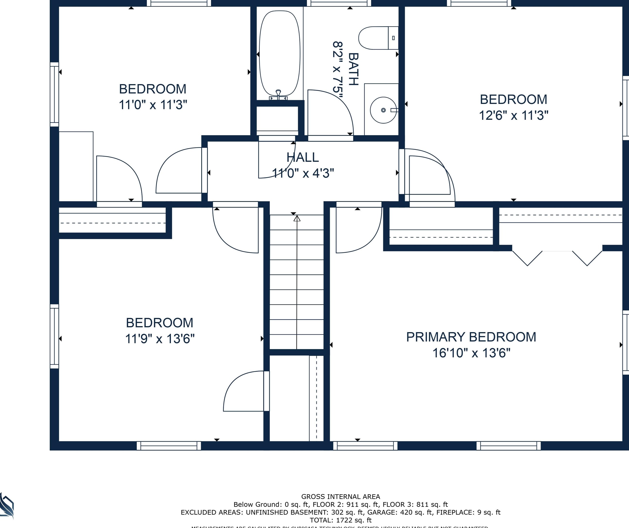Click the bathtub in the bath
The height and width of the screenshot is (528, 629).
tap(279, 54)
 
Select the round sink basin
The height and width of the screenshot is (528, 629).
tap(383, 110)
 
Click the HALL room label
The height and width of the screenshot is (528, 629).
tap(302, 157)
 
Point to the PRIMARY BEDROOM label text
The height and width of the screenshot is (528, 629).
tap(471, 337)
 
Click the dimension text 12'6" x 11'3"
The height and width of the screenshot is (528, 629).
tap(513, 116)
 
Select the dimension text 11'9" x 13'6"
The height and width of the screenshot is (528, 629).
tap(160, 339)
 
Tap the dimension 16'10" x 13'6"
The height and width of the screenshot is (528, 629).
tap(471, 353)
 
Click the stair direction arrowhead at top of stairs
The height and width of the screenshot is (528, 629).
tap(297, 219)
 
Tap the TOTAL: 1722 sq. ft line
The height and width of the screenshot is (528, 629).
tap(341, 520)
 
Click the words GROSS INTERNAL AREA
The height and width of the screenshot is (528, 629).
tap(341, 497)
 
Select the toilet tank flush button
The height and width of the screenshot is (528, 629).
tap(393, 38)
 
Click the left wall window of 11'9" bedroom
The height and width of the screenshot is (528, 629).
tap(54, 336)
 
